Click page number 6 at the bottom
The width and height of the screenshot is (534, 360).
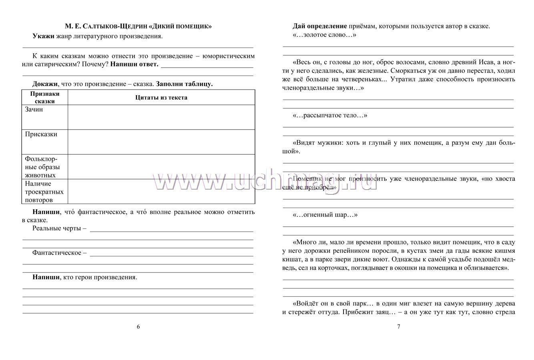(x=139, y=326)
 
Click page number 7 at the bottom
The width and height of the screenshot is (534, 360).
(x=398, y=326)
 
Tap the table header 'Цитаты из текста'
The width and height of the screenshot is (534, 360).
(x=161, y=98)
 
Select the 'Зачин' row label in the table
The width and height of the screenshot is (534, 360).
(x=34, y=110)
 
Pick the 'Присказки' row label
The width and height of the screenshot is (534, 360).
(x=41, y=134)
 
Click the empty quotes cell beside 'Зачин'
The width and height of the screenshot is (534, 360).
(x=161, y=117)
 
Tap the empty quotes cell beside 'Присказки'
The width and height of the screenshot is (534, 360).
(x=161, y=142)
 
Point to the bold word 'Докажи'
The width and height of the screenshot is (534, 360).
(x=45, y=84)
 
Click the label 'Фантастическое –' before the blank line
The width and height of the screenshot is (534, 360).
(x=59, y=253)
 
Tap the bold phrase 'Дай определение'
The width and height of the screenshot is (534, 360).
(x=319, y=26)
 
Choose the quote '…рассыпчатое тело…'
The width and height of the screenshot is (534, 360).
(x=330, y=116)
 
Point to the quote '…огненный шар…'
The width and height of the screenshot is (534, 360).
(x=325, y=215)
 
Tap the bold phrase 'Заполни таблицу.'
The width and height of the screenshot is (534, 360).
(x=185, y=84)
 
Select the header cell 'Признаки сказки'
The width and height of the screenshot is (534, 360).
(x=45, y=98)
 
